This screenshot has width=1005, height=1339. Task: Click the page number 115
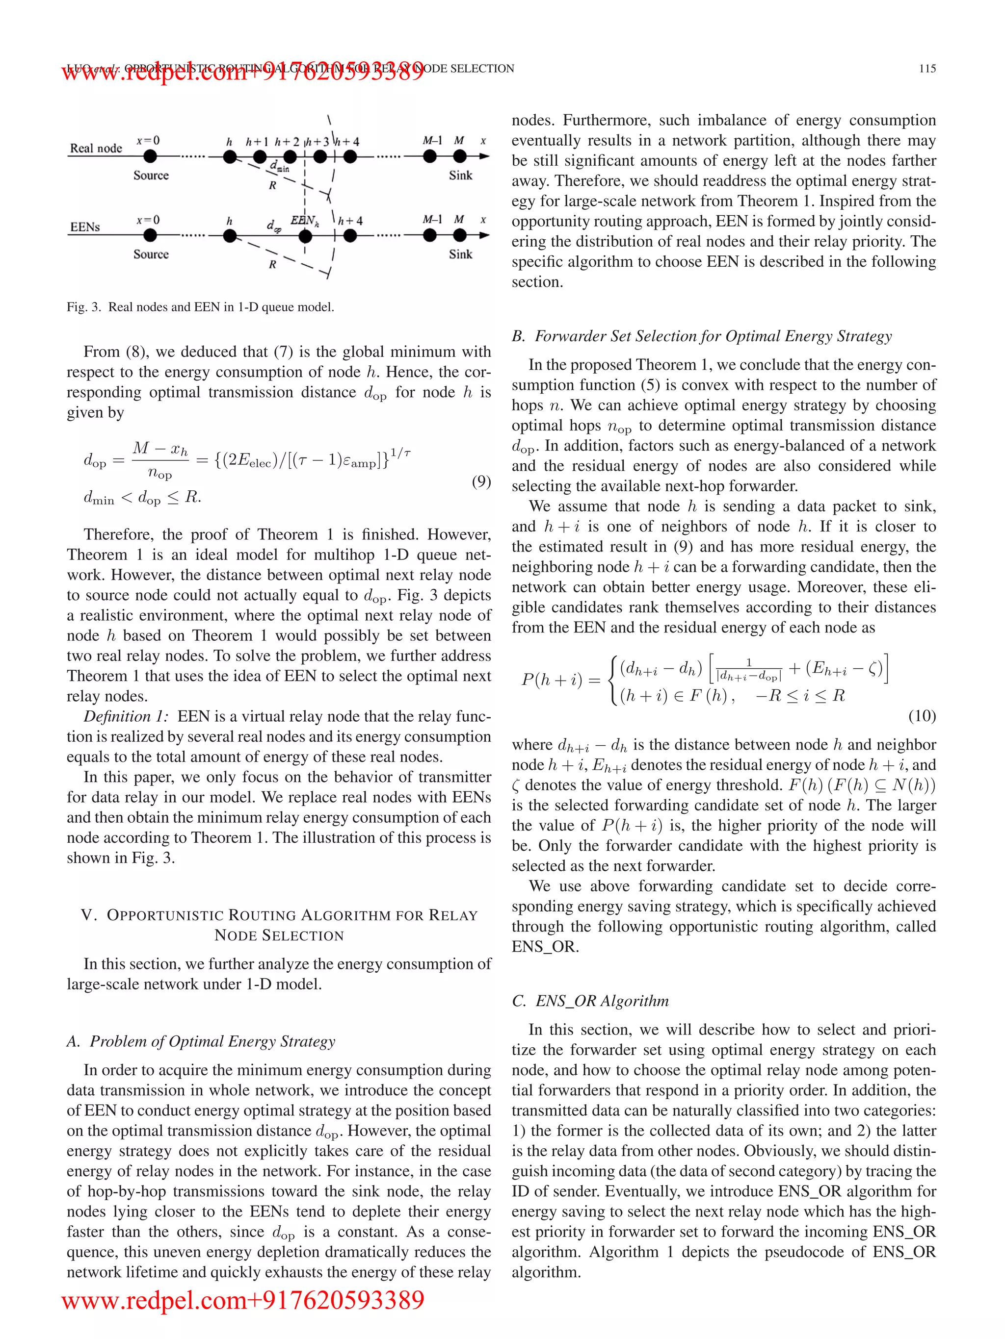click(927, 69)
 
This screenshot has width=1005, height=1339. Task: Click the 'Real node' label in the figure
click(96, 148)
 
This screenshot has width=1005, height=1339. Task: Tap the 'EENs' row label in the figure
click(85, 227)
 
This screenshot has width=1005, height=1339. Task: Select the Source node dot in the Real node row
click(150, 157)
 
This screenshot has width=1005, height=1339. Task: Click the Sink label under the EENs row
click(460, 254)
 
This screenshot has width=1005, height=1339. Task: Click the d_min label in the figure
click(279, 166)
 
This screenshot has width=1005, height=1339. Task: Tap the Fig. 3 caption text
click(200, 307)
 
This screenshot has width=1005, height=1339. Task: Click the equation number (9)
click(481, 481)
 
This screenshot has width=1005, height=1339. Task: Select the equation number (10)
click(922, 716)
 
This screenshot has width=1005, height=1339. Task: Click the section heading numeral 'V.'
click(89, 915)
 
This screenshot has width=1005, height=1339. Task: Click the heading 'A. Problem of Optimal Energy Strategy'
click(201, 1041)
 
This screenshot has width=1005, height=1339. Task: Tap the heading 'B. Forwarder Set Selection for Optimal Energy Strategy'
click(702, 336)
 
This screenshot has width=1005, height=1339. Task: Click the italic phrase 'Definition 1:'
click(126, 717)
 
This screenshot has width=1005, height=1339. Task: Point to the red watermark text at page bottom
click(243, 1300)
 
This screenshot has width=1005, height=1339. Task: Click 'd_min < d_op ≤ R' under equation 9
click(142, 498)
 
